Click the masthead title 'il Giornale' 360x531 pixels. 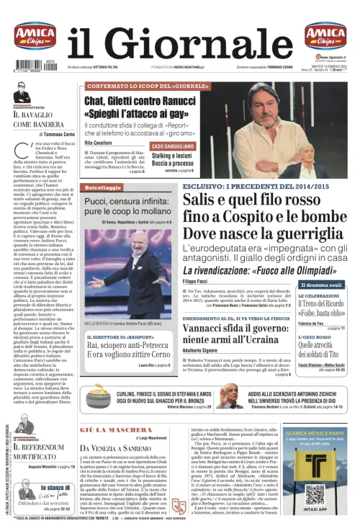pos(180,43)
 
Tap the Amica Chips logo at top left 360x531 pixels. pos(35,36)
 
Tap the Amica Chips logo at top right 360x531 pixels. pos(325,36)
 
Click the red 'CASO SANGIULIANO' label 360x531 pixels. pos(173,146)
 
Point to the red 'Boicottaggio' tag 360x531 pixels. pos(102,187)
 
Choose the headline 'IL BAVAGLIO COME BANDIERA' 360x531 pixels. pos(44,120)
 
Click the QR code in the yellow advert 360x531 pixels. pos(315,495)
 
